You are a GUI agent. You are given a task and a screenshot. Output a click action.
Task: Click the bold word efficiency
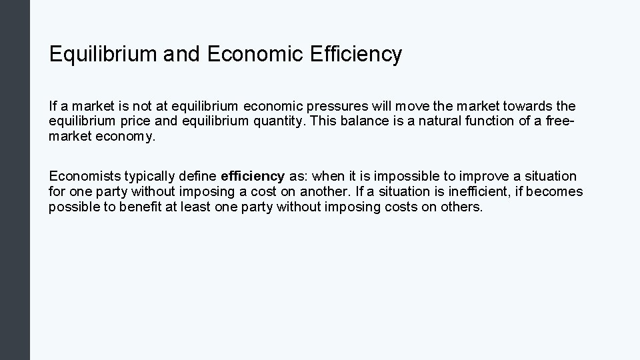252,176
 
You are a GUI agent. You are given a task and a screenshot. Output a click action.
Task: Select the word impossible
405,176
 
